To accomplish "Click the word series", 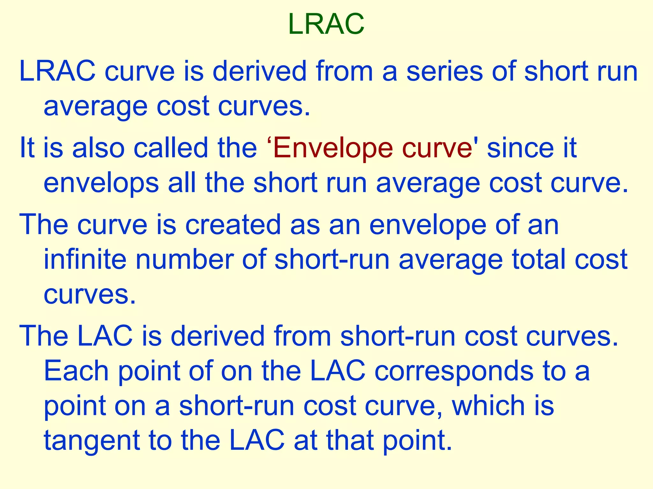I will pyautogui.click(x=444, y=71).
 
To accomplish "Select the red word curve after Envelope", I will pyautogui.click(x=437, y=148).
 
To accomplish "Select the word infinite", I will pyautogui.click(x=85, y=259).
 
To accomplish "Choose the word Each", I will pyautogui.click(x=76, y=371).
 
